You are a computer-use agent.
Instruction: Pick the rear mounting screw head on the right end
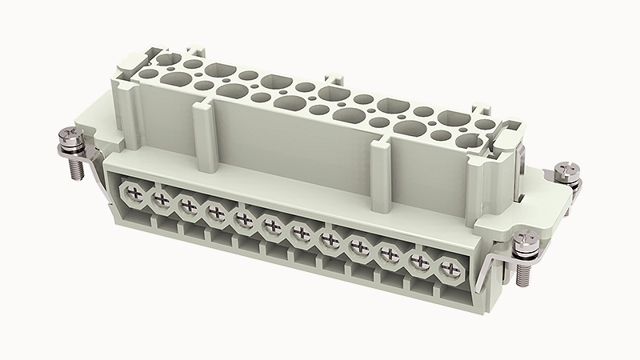click(566, 170)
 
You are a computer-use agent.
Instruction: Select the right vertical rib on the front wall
click(380, 167)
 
